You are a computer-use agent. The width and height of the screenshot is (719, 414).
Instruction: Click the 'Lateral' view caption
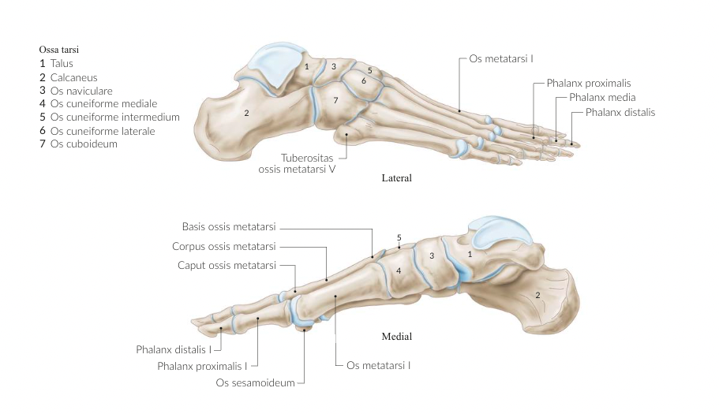[395, 178]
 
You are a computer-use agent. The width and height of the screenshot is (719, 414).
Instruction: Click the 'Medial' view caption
[396, 337]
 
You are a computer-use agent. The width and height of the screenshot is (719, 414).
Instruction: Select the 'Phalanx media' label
[596, 98]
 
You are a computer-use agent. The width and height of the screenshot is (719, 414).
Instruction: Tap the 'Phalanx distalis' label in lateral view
[620, 112]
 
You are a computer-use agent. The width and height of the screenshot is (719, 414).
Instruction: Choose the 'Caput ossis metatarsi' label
[227, 265]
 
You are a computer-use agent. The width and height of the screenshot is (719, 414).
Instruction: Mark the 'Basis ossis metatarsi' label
[229, 226]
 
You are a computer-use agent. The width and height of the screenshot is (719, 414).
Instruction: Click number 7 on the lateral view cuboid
[335, 100]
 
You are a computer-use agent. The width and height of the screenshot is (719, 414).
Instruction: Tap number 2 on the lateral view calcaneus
[246, 114]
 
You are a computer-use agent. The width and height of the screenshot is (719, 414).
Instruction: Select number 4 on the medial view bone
[399, 270]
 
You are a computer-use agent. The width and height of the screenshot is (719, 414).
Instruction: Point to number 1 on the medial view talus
[470, 254]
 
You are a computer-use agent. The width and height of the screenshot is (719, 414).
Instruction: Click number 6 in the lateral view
[364, 80]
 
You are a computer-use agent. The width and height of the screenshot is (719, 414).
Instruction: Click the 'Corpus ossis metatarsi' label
[223, 246]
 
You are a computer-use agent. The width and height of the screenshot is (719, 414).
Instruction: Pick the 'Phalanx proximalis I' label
[202, 366]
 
